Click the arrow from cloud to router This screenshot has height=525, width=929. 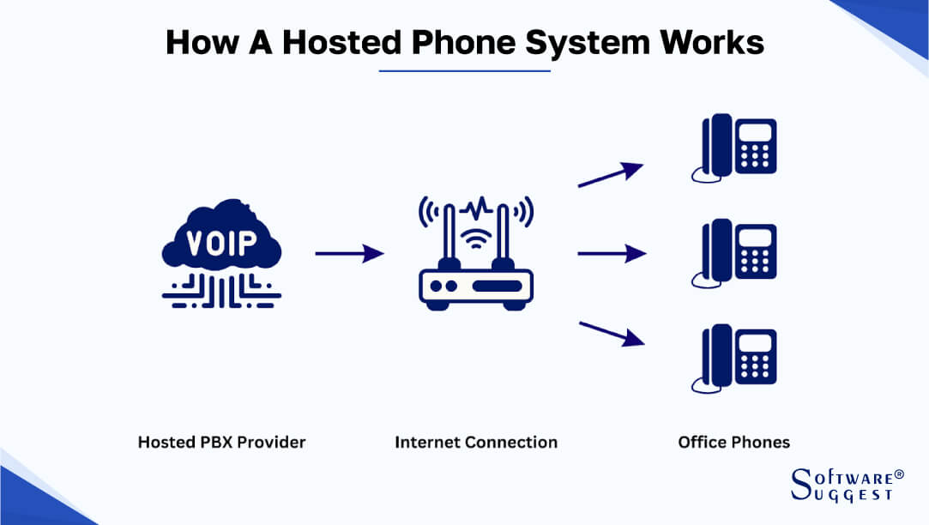(x=349, y=253)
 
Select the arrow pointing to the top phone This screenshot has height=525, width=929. (x=611, y=173)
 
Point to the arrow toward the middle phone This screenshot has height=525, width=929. (x=611, y=253)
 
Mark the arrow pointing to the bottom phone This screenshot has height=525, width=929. (x=611, y=333)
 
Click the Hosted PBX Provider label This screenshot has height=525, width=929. (x=221, y=443)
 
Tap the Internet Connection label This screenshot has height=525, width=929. (x=476, y=443)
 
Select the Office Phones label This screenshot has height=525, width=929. (x=733, y=443)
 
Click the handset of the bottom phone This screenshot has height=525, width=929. (x=715, y=357)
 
